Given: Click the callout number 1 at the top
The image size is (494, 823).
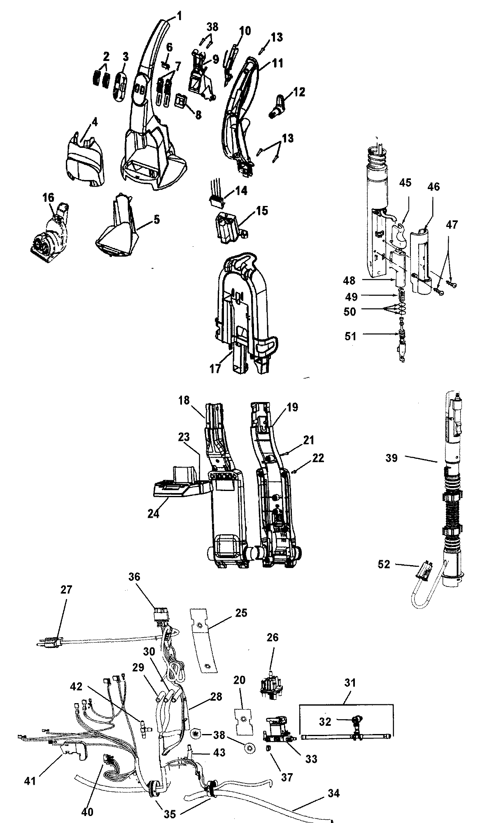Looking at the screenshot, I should (x=179, y=16).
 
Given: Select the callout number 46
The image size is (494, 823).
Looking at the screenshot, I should (x=433, y=187).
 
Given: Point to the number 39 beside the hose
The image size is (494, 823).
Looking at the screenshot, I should (x=391, y=458).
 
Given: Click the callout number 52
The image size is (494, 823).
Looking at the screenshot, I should (x=384, y=564).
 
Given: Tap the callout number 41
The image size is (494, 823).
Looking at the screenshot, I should (x=30, y=768).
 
